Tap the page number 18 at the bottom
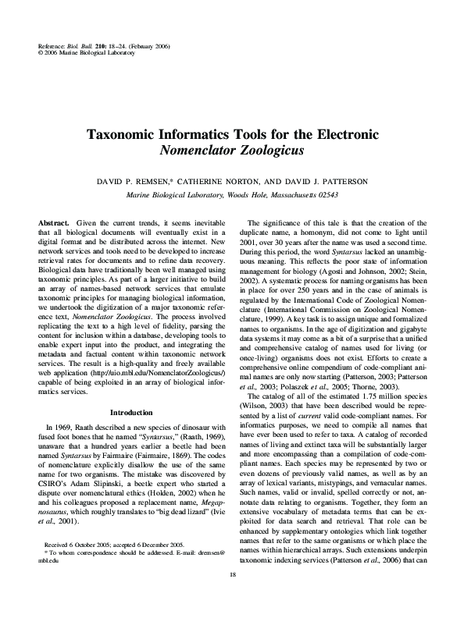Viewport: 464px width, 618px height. tap(232, 597)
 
